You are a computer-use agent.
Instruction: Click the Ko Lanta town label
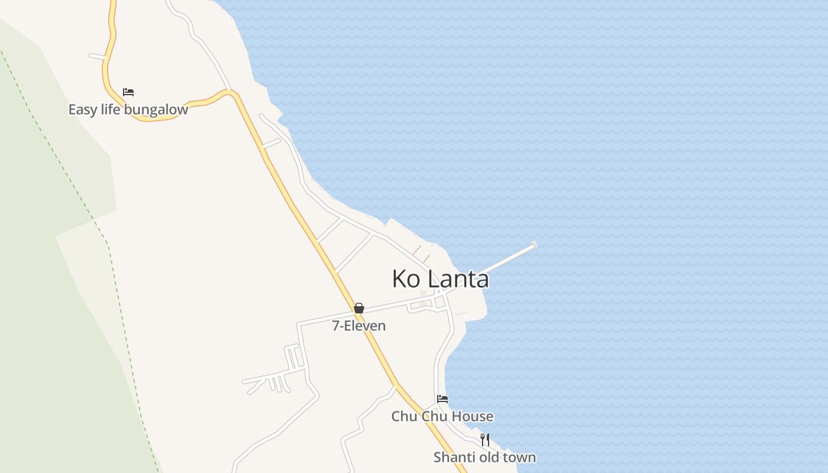pos(441,279)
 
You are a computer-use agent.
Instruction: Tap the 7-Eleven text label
pos(359,326)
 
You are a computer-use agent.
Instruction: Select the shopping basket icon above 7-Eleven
pos(359,308)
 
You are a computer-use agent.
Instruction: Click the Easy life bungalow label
pos(128,109)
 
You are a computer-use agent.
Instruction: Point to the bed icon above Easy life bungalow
pos(128,92)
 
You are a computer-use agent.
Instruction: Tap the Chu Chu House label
pos(442,416)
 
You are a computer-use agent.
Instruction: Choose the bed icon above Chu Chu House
pos(442,399)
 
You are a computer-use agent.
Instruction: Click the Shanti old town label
pos(484,457)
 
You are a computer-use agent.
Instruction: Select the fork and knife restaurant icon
pos(485,439)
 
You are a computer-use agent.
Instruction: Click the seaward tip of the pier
pos(535,244)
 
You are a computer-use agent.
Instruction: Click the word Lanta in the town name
pos(458,279)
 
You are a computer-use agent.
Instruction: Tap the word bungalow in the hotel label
pos(161,110)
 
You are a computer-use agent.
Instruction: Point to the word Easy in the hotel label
pos(82,110)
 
